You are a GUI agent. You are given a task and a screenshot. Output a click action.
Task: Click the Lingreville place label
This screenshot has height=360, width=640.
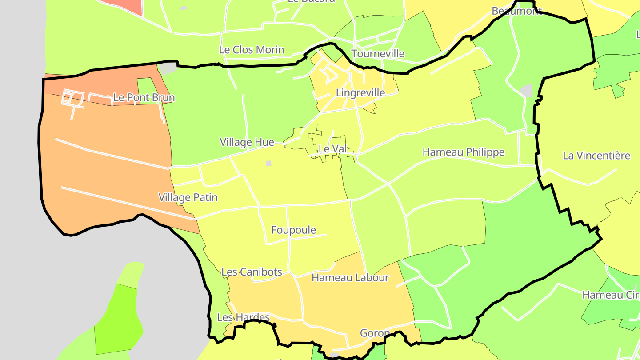click(x=360, y=93)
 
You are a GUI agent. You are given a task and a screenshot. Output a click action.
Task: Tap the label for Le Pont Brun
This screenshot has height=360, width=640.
click(x=144, y=97)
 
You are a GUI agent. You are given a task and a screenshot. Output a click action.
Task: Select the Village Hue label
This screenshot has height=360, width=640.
click(x=247, y=142)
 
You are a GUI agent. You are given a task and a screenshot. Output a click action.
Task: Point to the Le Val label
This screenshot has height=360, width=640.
click(x=332, y=149)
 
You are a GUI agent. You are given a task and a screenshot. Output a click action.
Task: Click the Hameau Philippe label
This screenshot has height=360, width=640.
click(x=463, y=152)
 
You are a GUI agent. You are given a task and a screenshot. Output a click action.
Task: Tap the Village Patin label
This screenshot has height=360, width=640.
click(x=188, y=197)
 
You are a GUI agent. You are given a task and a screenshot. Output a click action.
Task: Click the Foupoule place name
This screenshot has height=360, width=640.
click(x=294, y=230)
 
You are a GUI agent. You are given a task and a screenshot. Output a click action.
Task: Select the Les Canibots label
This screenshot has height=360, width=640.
click(x=252, y=272)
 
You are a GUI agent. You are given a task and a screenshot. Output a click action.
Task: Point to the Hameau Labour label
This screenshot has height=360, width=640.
click(x=350, y=278)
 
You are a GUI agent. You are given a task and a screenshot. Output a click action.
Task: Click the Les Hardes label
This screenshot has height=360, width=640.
click(x=243, y=317)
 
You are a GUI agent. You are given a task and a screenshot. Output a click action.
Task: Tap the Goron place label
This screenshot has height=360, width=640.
click(x=375, y=333)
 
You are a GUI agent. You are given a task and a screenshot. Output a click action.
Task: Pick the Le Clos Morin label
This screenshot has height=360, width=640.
click(x=252, y=50)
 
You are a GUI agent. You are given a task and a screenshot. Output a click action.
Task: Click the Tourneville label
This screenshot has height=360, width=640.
click(x=378, y=54)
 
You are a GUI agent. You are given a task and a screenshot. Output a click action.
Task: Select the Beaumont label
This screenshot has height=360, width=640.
click(x=516, y=11)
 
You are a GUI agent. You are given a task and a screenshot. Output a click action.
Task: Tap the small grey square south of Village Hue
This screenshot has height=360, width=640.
click(x=268, y=164)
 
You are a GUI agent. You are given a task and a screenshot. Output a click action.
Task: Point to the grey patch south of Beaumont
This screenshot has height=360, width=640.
click(x=526, y=91)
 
